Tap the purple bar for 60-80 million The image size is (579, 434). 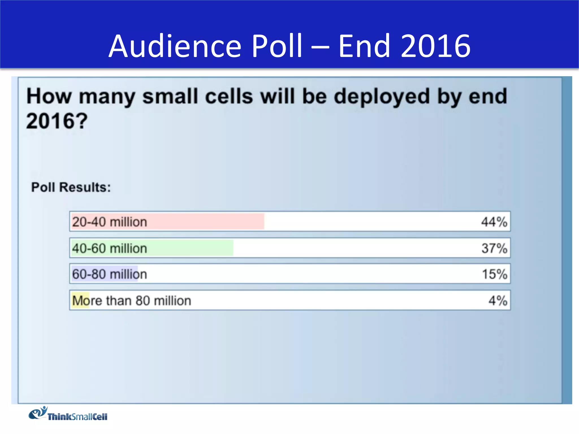(105, 274)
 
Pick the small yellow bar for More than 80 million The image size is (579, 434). (80, 300)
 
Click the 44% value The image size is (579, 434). (494, 222)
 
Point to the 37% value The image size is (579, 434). (494, 248)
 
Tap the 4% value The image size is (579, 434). (498, 301)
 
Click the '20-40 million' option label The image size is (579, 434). (110, 222)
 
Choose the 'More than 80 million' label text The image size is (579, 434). (132, 301)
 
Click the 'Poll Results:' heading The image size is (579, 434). (71, 187)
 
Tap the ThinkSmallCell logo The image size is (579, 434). (68, 414)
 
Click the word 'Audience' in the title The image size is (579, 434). (175, 46)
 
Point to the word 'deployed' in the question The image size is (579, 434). (382, 97)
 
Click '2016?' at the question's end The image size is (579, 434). (57, 121)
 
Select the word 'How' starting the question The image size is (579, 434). (49, 97)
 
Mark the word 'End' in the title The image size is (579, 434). (365, 46)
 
